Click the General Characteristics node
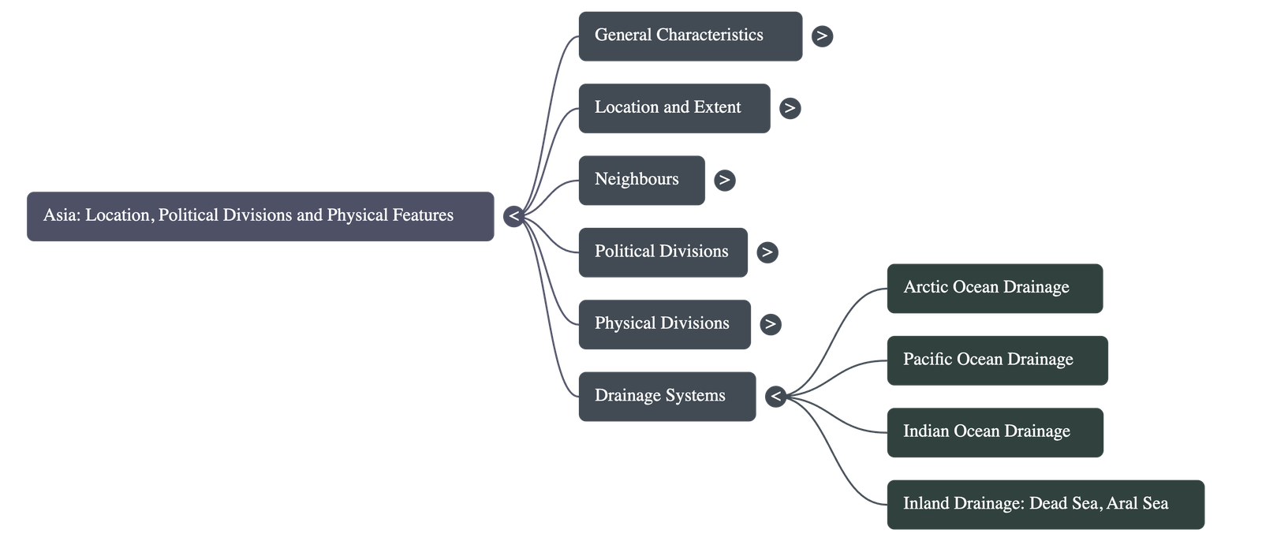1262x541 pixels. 689,35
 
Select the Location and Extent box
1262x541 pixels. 674,108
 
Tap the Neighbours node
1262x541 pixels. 641,180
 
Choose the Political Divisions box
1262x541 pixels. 663,252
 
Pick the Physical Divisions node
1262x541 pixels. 664,323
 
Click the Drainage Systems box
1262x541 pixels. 666,396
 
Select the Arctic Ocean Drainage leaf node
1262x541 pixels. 994,288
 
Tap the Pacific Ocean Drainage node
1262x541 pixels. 996,360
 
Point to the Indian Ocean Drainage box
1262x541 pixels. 995,431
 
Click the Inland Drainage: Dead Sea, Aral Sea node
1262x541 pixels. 1045,504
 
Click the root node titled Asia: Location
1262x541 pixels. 259,215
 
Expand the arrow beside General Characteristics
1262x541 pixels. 822,35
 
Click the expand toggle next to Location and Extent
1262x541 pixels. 790,108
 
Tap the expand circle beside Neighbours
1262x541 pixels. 724,180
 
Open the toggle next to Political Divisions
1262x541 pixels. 767,252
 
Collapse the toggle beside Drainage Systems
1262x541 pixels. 775,396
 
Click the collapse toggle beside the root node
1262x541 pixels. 513,215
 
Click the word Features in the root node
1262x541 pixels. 423,215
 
